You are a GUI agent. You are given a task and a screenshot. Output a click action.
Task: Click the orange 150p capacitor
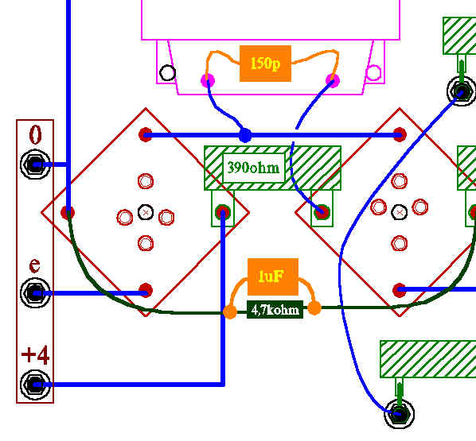[265, 64]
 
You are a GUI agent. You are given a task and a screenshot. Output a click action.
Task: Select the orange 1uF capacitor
[273, 277]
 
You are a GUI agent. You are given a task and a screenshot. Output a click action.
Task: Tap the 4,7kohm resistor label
[275, 310]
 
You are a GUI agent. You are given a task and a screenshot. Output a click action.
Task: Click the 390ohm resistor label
[253, 168]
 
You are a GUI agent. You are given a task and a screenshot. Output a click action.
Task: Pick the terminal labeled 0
[35, 164]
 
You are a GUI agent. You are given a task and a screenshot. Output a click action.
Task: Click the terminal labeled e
[35, 293]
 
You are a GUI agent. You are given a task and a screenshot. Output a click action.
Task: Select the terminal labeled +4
[35, 385]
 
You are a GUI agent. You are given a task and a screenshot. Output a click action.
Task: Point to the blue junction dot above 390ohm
[245, 135]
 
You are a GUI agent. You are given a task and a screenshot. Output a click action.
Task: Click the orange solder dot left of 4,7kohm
[230, 311]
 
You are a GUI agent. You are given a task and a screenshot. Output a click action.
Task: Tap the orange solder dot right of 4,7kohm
[314, 308]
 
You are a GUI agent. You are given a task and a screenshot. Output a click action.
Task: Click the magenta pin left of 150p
[208, 80]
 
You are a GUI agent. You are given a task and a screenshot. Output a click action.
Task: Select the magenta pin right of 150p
[333, 80]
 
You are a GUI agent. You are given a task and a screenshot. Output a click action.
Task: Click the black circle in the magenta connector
[167, 73]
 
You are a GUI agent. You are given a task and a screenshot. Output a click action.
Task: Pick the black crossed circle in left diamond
[146, 212]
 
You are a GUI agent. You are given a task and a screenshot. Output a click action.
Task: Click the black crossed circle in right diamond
[400, 212]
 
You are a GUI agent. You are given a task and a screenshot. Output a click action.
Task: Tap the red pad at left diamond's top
[146, 134]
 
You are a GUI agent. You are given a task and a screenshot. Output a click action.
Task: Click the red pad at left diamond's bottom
[146, 291]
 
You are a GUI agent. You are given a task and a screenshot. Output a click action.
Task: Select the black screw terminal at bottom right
[400, 414]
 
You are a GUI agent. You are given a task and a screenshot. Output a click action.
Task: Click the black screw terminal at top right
[462, 91]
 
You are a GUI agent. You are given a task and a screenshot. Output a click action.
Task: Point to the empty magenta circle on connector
[373, 73]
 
